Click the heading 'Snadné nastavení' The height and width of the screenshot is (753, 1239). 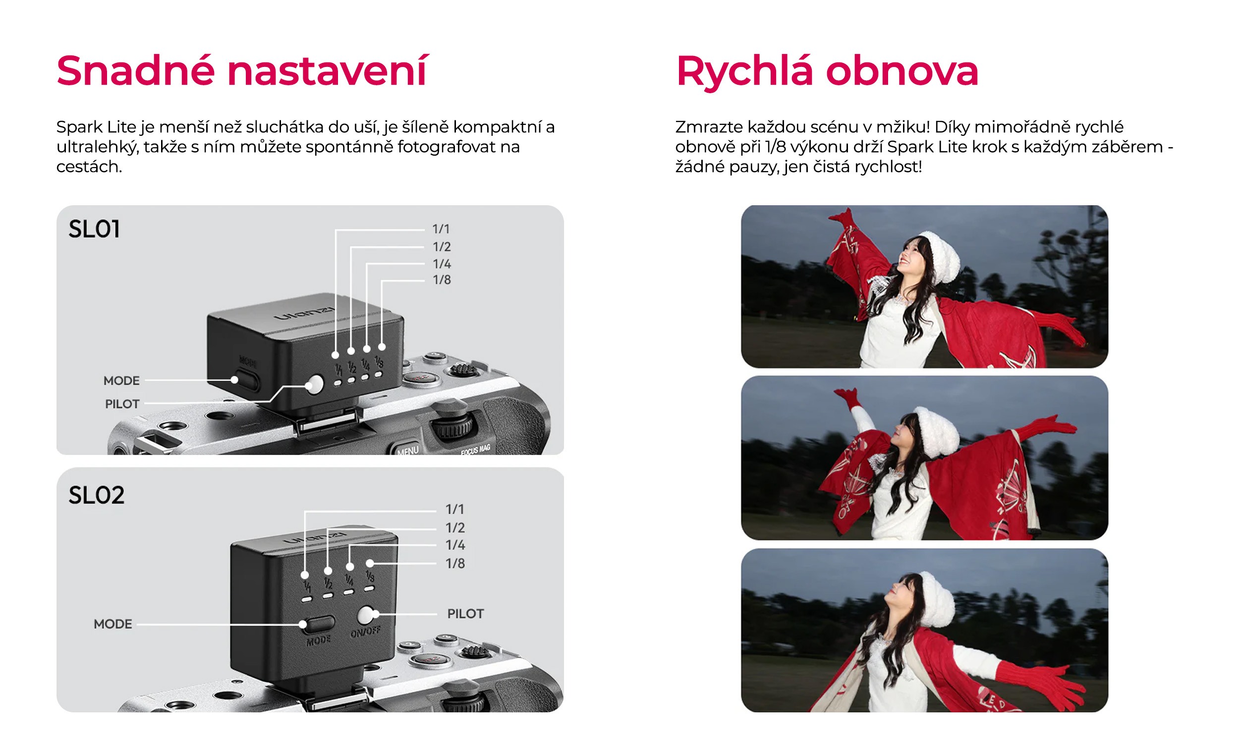point(242,71)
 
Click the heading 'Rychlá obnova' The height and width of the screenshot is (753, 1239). point(827,71)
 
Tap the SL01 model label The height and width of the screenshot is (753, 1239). point(94,230)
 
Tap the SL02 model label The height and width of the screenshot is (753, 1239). point(96,496)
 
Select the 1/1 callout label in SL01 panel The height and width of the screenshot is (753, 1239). point(441,230)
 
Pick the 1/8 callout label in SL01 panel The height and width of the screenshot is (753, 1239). point(442,280)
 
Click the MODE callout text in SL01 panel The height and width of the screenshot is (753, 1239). point(121,381)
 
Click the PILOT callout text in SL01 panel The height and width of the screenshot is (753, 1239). point(122,404)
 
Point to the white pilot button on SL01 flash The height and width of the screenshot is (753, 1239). point(315,385)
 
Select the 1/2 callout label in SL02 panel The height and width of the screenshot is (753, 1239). point(455,527)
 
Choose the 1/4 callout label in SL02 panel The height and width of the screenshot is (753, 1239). point(455,545)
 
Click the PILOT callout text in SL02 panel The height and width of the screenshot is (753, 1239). point(466,614)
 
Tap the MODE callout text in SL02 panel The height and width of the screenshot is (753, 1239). point(113,624)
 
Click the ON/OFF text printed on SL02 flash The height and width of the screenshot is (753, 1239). point(366,632)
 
